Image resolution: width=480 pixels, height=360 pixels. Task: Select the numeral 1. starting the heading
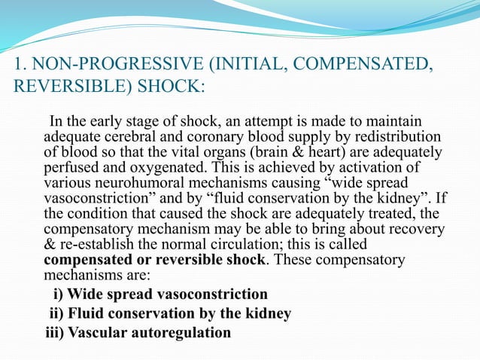click(21, 63)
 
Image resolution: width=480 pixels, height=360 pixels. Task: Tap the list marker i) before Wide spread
click(57, 293)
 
